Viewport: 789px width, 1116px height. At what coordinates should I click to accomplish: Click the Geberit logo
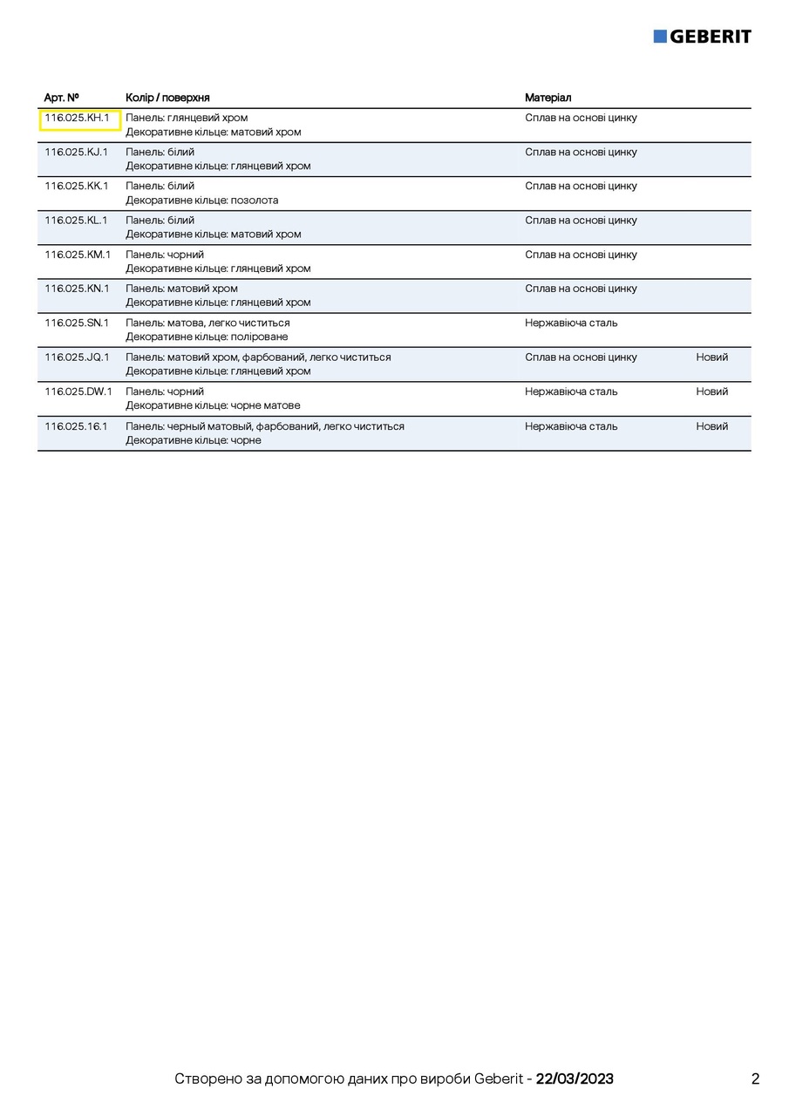702,36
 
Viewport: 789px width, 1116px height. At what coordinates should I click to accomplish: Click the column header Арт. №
62,98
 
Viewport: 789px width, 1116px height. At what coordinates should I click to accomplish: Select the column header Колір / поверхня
167,98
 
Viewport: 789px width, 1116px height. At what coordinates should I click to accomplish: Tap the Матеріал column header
548,98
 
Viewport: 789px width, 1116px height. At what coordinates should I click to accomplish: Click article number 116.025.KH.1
78,118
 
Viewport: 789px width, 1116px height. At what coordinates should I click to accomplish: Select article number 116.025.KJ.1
77,152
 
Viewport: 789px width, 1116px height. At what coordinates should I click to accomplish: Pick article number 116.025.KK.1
77,186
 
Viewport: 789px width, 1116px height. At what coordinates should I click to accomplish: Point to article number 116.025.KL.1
77,221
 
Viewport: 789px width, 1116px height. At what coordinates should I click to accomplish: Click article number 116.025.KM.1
78,255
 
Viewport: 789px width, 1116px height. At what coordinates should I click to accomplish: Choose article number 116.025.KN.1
78,289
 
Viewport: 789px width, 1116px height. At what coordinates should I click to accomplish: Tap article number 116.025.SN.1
78,323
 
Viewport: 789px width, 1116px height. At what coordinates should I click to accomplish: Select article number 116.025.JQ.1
78,357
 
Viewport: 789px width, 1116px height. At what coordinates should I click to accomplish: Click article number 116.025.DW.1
78,391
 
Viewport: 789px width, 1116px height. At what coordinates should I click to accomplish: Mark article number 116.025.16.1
77,426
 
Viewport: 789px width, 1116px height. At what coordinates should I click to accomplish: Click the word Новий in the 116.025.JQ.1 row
711,357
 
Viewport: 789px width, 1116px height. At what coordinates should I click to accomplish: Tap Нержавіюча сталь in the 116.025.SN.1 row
571,323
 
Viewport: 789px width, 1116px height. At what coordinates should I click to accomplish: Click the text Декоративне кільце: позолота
202,201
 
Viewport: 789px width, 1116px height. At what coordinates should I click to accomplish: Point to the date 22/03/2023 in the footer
575,1079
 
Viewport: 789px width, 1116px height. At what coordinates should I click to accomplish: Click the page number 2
755,1079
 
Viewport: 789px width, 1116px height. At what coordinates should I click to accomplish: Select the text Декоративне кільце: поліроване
207,337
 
